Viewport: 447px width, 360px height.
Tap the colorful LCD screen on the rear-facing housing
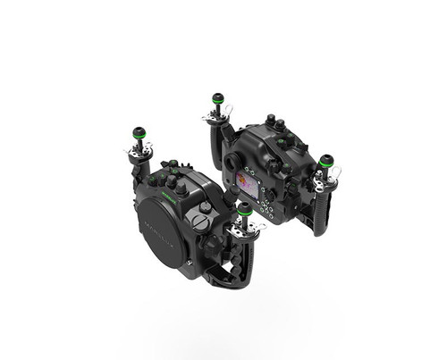point(247,184)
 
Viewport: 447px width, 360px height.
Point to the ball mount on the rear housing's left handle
point(217,100)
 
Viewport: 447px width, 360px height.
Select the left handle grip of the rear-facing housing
point(217,143)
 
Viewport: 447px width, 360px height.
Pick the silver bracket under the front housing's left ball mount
point(138,154)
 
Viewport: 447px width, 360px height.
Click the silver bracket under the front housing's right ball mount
point(243,230)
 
